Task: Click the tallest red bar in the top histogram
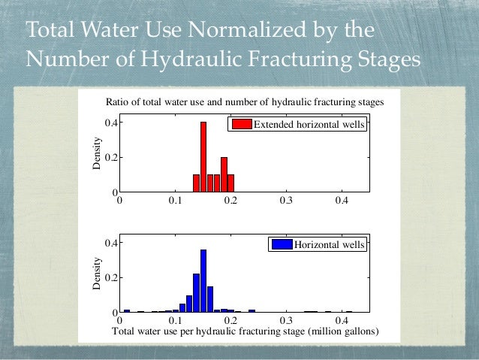[x=203, y=157]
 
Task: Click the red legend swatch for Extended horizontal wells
[x=241, y=125]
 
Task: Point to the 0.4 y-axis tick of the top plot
[x=107, y=123]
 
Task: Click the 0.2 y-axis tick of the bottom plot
[x=107, y=277]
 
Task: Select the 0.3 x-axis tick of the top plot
[x=285, y=201]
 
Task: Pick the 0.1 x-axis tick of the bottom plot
[x=175, y=320]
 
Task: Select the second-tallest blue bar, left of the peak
[x=196, y=292]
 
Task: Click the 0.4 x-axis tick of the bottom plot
[x=342, y=320]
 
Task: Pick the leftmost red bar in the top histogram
[x=196, y=183]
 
